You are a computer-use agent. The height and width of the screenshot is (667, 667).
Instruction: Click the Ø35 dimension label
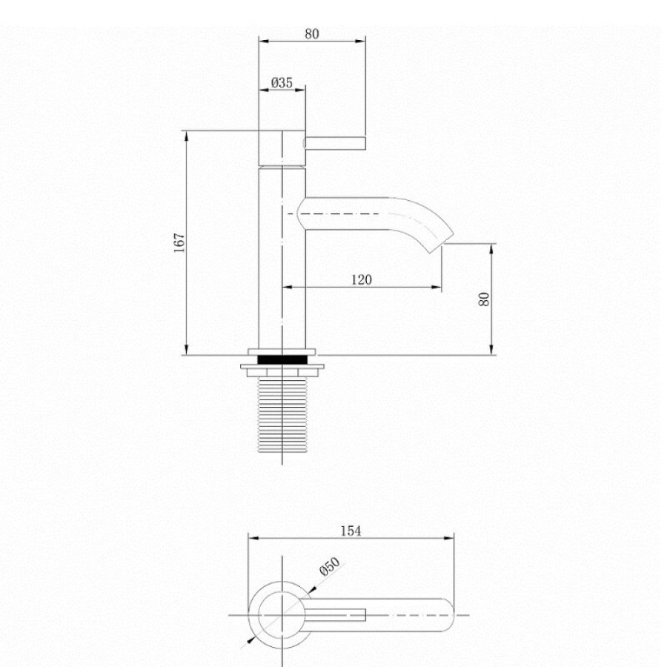click(x=282, y=82)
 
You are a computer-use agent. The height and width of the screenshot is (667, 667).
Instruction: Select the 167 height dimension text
click(x=180, y=243)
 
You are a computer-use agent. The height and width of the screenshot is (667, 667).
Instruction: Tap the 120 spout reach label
click(x=362, y=279)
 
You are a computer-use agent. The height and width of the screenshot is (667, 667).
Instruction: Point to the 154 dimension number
click(x=351, y=531)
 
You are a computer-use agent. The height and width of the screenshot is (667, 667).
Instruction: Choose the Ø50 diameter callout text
click(x=330, y=566)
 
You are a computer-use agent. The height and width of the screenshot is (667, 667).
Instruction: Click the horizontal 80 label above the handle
click(x=312, y=34)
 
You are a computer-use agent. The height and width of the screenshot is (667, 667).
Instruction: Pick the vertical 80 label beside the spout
click(x=484, y=299)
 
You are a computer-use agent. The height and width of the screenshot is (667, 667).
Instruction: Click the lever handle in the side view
click(x=334, y=143)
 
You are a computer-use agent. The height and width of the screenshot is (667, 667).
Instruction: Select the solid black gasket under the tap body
click(x=282, y=359)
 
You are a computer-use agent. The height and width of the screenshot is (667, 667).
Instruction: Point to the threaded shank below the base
click(x=282, y=415)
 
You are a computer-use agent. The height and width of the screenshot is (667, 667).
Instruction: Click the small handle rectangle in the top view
click(x=335, y=614)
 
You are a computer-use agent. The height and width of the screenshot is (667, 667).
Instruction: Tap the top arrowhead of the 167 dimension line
click(x=186, y=136)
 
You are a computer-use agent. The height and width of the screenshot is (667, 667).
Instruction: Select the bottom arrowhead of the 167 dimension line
click(x=186, y=350)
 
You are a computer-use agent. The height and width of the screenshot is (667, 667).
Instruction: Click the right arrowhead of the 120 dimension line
click(x=437, y=287)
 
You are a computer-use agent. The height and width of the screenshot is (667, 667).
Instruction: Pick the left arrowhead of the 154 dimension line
click(x=253, y=538)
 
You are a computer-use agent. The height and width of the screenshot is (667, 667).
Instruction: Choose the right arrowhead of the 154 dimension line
click(x=449, y=538)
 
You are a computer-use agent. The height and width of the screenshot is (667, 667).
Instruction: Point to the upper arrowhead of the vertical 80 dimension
click(x=491, y=249)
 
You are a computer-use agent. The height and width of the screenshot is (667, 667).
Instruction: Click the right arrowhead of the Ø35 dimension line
click(x=300, y=90)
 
